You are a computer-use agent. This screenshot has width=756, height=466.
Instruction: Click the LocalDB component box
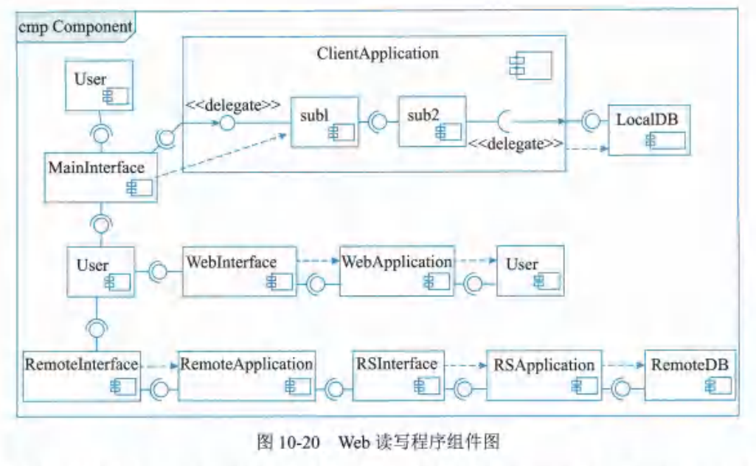649,130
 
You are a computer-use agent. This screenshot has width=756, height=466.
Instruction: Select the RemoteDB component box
690,375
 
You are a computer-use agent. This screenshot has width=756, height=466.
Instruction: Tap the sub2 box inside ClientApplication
432,122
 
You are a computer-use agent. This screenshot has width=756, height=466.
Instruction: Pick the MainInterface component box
101,178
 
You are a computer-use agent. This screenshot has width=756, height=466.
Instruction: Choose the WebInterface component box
240,271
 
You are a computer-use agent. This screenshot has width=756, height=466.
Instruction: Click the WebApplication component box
397,271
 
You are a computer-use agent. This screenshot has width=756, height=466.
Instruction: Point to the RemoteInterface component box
82,376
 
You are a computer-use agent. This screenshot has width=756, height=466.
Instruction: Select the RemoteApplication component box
247,376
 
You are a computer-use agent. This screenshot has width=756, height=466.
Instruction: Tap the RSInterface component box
398,375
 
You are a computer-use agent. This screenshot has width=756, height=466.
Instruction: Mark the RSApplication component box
544,375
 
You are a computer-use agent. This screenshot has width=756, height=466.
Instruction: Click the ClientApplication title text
378,53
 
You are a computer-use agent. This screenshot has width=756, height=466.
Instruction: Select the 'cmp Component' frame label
75,27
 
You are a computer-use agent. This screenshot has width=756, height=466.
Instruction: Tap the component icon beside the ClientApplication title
530,66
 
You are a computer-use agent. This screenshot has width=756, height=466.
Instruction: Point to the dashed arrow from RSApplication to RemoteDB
623,365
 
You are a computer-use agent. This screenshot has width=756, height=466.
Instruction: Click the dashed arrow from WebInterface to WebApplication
318,261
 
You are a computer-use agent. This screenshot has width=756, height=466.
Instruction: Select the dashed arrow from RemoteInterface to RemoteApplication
159,366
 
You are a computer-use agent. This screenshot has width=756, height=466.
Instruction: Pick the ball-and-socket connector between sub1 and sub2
378,122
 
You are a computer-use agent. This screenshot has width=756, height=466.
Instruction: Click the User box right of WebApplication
530,271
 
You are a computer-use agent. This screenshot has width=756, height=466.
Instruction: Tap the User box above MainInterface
100,86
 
